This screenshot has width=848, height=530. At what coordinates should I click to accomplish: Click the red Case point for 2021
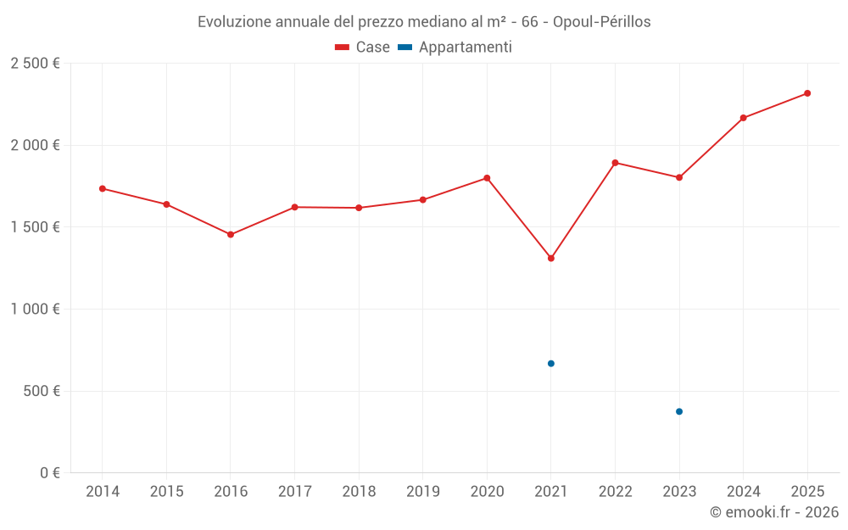point(550,258)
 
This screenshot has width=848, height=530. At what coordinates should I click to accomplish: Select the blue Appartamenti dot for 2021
point(550,363)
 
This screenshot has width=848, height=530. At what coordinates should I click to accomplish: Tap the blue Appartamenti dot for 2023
point(678,411)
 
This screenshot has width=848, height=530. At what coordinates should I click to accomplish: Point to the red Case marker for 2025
point(807,93)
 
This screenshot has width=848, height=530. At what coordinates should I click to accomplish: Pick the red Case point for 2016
point(231,234)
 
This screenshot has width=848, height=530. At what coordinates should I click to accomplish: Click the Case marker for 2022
point(615,163)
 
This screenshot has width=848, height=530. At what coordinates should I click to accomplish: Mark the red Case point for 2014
point(103,188)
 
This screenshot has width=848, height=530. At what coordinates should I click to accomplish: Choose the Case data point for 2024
point(743,118)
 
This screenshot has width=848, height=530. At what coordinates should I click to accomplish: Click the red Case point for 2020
point(487,178)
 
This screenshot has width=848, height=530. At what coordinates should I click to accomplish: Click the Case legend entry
point(363,47)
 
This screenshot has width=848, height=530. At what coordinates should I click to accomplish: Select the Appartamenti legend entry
point(455,47)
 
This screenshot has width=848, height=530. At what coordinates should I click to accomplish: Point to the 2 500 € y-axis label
point(35,64)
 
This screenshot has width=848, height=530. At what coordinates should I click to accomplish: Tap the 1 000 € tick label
point(35,310)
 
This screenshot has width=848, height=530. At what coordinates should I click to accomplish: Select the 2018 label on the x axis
point(359,491)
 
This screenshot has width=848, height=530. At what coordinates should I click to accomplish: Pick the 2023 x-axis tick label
point(678,491)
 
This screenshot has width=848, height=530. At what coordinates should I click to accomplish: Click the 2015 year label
point(166,491)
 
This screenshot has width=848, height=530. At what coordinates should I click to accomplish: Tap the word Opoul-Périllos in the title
point(601,22)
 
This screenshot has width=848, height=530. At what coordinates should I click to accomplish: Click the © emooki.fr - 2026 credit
point(773,512)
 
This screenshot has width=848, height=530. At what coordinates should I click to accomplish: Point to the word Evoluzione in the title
point(234,22)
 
